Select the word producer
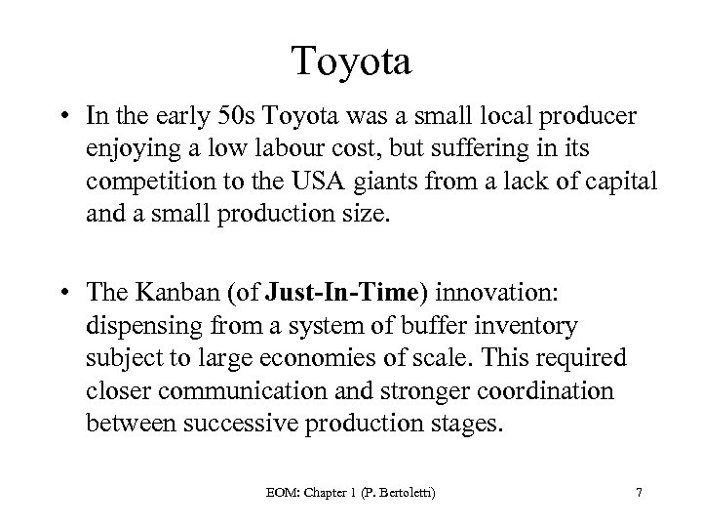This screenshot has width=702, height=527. pyautogui.click(x=591, y=118)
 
